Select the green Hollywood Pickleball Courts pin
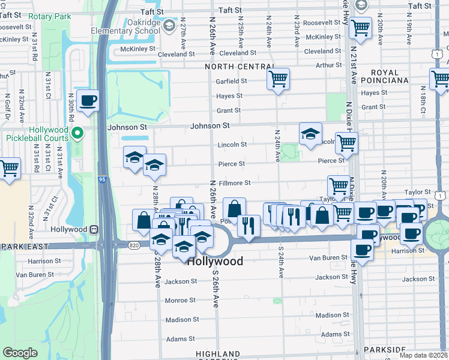coord(77,133)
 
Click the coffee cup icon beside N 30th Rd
coord(88,101)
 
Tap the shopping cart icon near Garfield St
coord(278,79)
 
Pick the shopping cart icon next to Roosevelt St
coord(360,27)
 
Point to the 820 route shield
coord(134,245)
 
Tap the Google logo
coord(20,353)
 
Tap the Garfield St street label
coord(232,81)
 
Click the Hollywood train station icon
coord(94,229)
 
